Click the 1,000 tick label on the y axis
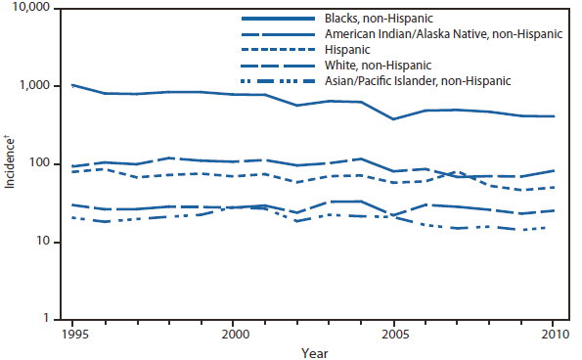pos(43,86)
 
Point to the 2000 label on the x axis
pos(233,333)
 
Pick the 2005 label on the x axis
pos(394,333)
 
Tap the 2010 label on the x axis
pos(555,333)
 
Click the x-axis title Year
pos(313,350)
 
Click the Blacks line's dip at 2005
pos(394,119)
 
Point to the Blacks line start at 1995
pos(72,85)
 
